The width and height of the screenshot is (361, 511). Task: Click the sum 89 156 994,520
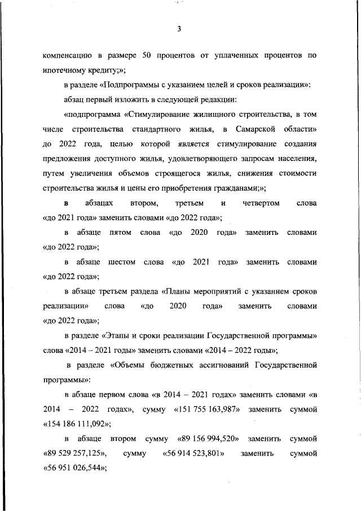point(208,438)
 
